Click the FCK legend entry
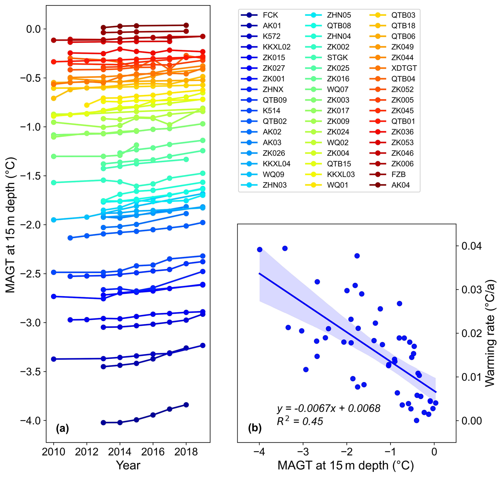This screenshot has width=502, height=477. [x=270, y=15]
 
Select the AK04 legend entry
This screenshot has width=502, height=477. [x=400, y=185]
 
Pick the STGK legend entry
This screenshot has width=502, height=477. [x=337, y=58]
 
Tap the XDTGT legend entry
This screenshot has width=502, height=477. [x=404, y=68]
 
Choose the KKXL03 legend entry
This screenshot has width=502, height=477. [x=341, y=174]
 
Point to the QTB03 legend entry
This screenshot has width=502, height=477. [x=403, y=15]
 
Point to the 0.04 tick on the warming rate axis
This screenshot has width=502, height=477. [x=471, y=246]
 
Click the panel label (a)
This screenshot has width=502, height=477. [x=62, y=428]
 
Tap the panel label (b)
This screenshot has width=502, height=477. [x=254, y=428]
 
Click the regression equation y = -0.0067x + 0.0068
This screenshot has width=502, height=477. [x=328, y=408]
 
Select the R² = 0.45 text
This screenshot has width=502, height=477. [x=300, y=421]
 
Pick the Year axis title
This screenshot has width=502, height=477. [x=128, y=465]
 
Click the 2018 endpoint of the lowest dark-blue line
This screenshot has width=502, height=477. [x=186, y=405]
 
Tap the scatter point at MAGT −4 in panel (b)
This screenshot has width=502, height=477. [x=259, y=250]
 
